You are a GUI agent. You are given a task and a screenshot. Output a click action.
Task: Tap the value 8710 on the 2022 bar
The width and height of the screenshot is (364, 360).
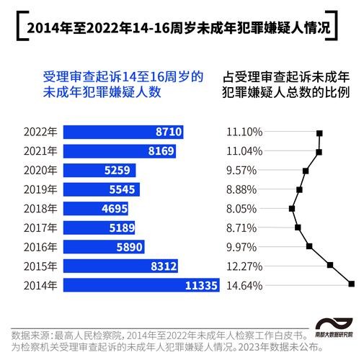[x=168, y=132]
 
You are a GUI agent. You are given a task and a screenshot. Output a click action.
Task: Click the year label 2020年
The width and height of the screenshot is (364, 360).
[x=40, y=171]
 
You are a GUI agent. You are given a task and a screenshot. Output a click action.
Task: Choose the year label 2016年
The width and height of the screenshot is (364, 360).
[x=40, y=246]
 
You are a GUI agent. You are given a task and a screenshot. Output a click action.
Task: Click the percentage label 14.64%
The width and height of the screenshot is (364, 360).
[x=244, y=284]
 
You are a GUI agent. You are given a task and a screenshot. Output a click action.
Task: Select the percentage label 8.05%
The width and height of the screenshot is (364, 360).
[x=241, y=209]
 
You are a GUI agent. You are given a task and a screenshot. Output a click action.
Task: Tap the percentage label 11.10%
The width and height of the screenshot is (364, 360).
[x=244, y=132]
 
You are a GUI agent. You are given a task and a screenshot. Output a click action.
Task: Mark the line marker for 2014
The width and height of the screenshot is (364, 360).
[x=352, y=284]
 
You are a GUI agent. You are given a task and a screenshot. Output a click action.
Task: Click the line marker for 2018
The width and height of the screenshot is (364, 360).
[x=292, y=209]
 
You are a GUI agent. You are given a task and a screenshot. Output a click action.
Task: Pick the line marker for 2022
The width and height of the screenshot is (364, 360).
[x=319, y=133]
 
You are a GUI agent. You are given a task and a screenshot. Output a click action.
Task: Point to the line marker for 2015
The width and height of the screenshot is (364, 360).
[x=330, y=265]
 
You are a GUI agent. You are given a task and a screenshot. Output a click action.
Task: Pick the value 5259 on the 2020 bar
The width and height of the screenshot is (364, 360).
[x=117, y=171]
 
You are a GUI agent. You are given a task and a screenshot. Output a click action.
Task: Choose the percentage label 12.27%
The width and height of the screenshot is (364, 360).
[x=244, y=266]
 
